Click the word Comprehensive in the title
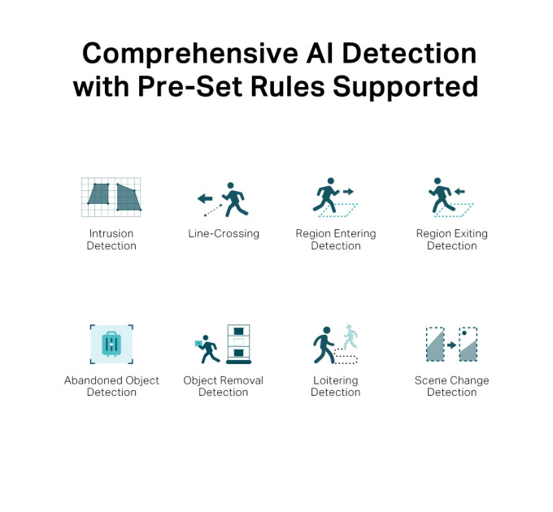190,54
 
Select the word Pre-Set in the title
189,87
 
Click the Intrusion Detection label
111,239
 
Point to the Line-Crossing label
224,233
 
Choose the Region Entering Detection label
336,239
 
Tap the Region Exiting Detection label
452,239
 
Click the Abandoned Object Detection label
111,386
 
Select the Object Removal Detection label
224,386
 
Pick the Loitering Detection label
335,386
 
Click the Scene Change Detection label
452,386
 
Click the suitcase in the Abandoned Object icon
111,344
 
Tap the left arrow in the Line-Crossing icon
205,198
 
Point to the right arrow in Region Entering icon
348,192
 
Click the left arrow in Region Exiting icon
459,192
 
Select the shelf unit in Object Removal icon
239,344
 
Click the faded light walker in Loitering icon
351,336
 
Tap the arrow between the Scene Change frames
451,345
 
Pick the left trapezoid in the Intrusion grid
98,193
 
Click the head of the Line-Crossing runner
231,185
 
